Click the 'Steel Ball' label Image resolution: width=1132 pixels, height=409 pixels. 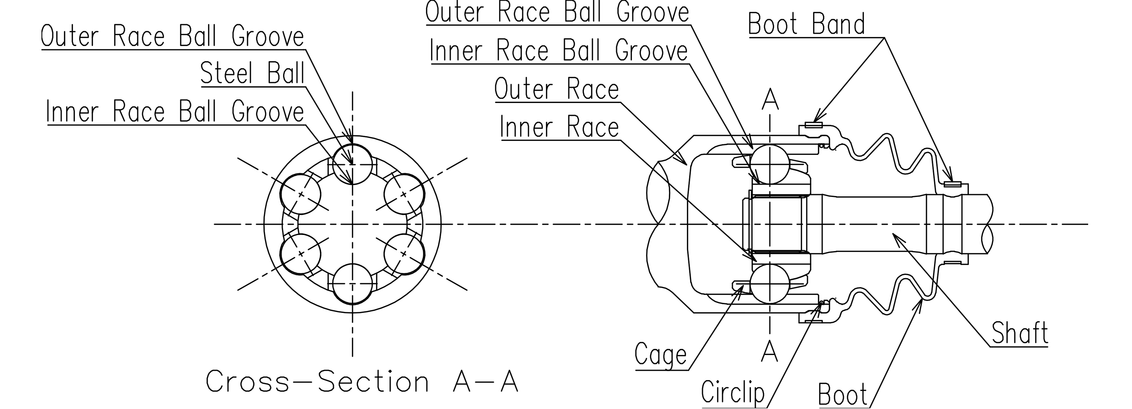252,73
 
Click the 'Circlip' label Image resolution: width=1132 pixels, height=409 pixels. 733,392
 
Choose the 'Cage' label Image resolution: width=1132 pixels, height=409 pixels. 660,354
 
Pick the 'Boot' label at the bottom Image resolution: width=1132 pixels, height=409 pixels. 842,394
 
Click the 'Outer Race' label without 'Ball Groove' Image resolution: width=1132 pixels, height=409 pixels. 556,89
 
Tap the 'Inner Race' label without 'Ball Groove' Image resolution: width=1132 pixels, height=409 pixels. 559,127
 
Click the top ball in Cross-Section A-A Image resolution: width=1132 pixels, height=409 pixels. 353,165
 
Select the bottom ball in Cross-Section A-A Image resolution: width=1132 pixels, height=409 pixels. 353,284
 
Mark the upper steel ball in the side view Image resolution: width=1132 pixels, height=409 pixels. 769,164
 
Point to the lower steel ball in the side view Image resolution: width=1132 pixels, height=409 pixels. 769,284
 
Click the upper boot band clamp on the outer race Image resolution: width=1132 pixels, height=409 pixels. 813,125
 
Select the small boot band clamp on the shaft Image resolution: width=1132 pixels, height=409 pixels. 952,184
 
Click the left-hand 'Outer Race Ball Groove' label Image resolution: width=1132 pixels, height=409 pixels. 172,37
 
